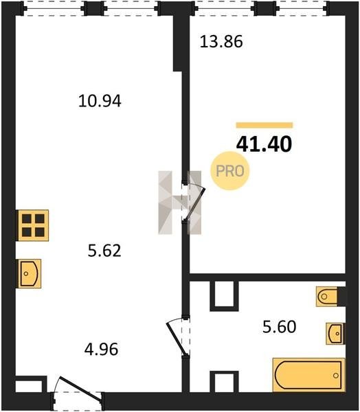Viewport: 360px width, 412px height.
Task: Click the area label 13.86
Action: [221, 42]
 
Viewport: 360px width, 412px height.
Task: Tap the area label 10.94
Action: [100, 101]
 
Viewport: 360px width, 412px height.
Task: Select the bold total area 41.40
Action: [264, 144]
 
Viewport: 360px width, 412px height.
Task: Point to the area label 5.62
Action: [104, 251]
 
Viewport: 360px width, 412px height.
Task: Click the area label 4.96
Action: [101, 350]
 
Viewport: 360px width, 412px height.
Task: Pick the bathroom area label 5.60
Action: [280, 327]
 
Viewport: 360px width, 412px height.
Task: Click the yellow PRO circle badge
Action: [230, 171]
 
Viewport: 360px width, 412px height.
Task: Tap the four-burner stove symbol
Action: [32, 225]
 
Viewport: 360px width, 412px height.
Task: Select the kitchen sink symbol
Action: [29, 273]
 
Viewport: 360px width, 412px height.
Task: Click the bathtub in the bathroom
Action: [308, 375]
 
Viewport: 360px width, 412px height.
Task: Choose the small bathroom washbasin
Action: [335, 334]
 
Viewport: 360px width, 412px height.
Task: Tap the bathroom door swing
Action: [178, 337]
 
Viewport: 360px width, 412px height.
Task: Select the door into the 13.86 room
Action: [194, 202]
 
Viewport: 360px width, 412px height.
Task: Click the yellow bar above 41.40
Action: [265, 125]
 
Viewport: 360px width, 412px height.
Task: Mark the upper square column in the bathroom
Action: [224, 297]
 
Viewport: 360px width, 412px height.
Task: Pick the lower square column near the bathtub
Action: [224, 382]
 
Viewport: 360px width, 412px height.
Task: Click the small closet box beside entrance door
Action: [31, 385]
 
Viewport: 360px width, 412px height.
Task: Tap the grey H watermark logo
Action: [179, 203]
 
